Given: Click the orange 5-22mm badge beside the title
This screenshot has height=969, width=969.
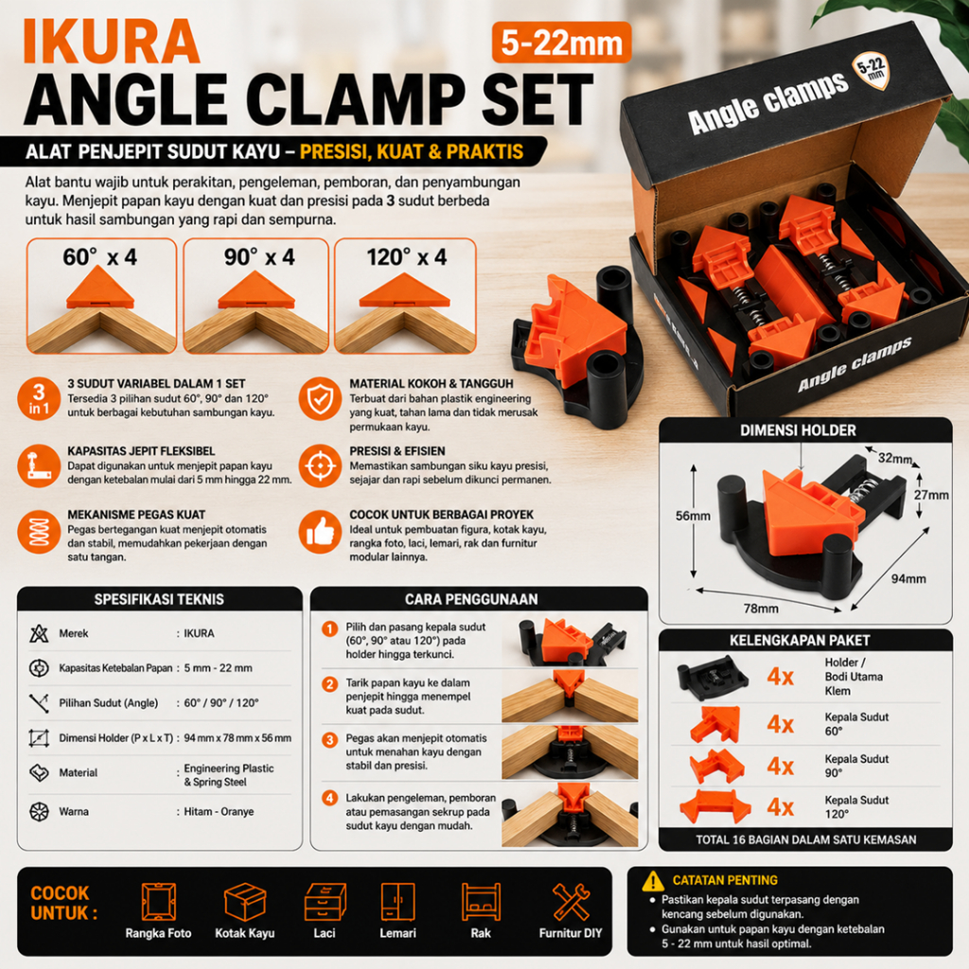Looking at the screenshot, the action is click(x=561, y=43).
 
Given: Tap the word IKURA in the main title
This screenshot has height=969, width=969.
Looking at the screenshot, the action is click(x=112, y=42).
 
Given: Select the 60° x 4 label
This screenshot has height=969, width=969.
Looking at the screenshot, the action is click(x=100, y=257).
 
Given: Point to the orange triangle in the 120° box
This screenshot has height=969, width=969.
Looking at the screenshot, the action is click(x=405, y=291).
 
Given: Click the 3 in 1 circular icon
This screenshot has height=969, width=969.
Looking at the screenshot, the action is click(x=39, y=398).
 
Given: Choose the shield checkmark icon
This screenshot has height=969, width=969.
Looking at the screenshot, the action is click(x=320, y=398).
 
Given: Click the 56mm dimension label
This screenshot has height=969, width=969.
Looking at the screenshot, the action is click(x=693, y=516).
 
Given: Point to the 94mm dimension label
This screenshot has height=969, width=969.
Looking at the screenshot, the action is click(x=908, y=578).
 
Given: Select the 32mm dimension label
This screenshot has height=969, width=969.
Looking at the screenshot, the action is click(x=895, y=459).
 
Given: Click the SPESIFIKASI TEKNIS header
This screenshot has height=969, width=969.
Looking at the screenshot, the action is click(x=159, y=599).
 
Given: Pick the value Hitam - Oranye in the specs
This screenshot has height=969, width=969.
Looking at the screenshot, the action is click(x=219, y=811).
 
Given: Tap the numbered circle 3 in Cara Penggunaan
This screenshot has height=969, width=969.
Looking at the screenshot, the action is click(x=330, y=740).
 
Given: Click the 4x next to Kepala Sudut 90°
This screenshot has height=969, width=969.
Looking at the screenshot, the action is click(x=780, y=766).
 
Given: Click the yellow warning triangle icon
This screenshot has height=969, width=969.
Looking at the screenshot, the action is click(x=653, y=881).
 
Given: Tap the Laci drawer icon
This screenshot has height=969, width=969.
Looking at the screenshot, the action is click(x=325, y=902).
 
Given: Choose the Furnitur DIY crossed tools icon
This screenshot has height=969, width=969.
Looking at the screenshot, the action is click(x=571, y=902).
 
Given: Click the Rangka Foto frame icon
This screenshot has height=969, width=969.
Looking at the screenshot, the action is click(x=158, y=902).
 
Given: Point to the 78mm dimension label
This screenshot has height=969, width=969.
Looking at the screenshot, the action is click(x=761, y=608).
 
